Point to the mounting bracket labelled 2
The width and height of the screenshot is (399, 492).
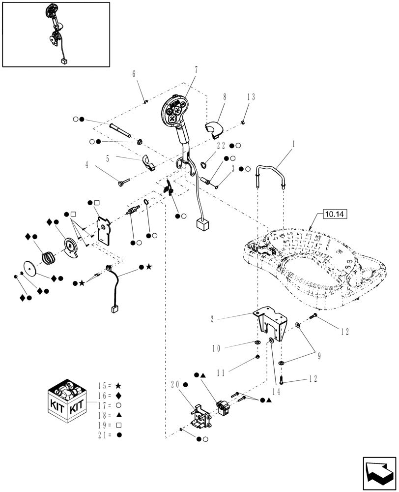[270, 324]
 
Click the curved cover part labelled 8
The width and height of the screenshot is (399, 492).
[213, 128]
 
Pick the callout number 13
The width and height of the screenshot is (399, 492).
[251, 97]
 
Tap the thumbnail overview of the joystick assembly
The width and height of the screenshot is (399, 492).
[56, 34]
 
